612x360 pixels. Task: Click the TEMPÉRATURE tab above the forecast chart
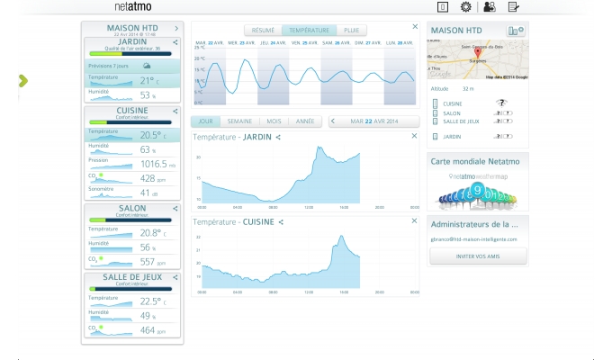[x=309, y=30]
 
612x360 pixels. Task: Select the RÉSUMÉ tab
[x=264, y=30]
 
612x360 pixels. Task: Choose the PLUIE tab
[x=350, y=30]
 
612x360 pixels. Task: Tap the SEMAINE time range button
[x=239, y=121]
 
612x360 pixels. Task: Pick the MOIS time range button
[x=274, y=121]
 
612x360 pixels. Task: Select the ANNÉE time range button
[x=305, y=121]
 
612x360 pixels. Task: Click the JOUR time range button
[x=206, y=121]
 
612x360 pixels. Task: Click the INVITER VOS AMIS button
[x=478, y=256]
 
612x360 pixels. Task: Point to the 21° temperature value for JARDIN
[x=149, y=80]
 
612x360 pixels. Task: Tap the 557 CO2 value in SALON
[x=149, y=262]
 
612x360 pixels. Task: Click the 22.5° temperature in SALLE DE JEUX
[x=150, y=301]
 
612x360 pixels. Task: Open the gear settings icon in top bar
[x=465, y=6]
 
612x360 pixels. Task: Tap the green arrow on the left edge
[x=22, y=81]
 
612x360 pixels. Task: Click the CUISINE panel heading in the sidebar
[x=132, y=111]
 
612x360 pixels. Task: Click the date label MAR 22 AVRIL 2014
[x=374, y=121]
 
